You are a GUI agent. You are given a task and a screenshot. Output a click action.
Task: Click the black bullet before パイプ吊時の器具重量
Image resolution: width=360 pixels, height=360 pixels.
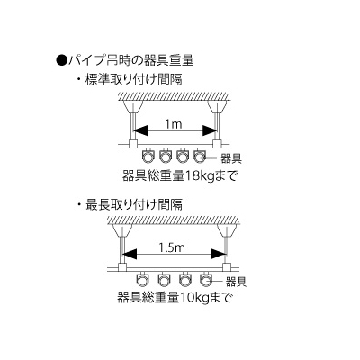point(61,60)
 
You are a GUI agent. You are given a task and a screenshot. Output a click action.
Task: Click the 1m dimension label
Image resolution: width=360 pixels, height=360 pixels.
point(174,124)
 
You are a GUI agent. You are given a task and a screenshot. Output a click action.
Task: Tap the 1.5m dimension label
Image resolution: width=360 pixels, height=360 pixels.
point(172,247)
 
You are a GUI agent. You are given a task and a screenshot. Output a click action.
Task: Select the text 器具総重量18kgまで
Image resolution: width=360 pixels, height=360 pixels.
point(180,175)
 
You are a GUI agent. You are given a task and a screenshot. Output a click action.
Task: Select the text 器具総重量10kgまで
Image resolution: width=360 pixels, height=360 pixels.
point(175,298)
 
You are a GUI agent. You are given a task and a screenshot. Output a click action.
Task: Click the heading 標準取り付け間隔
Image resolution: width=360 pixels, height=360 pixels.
point(134,79)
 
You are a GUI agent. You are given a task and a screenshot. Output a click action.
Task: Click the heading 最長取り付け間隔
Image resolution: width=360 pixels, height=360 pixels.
point(134,205)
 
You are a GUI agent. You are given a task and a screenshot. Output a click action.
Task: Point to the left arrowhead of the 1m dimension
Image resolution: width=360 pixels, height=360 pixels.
point(140,130)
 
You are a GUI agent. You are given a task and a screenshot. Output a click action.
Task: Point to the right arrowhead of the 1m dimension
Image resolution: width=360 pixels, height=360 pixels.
point(210,130)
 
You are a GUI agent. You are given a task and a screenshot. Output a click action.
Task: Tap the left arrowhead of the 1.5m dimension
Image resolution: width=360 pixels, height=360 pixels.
point(130,254)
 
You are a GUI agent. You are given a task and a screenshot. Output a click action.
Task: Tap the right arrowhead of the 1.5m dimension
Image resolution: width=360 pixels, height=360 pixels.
point(219,254)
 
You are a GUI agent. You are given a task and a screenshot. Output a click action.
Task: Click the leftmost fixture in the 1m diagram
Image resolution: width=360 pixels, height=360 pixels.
point(148,156)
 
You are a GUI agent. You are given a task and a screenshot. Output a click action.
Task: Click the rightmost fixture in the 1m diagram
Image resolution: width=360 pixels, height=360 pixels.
point(199,156)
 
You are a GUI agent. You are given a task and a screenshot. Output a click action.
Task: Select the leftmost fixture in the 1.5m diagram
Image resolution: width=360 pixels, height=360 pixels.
point(141,280)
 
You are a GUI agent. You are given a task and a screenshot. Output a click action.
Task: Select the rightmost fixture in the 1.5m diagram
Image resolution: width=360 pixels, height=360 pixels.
point(206,280)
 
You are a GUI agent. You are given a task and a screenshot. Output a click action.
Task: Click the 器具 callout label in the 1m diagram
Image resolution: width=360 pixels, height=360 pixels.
point(231,158)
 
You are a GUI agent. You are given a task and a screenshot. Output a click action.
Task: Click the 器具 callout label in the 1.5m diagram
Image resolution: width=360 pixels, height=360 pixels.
point(236,282)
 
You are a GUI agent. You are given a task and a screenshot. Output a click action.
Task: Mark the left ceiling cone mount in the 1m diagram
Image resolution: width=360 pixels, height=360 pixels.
point(133,107)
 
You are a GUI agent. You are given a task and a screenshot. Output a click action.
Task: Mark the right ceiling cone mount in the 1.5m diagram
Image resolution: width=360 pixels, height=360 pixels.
point(227,230)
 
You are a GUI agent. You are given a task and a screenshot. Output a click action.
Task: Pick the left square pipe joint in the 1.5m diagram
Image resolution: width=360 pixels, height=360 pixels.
point(122,267)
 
